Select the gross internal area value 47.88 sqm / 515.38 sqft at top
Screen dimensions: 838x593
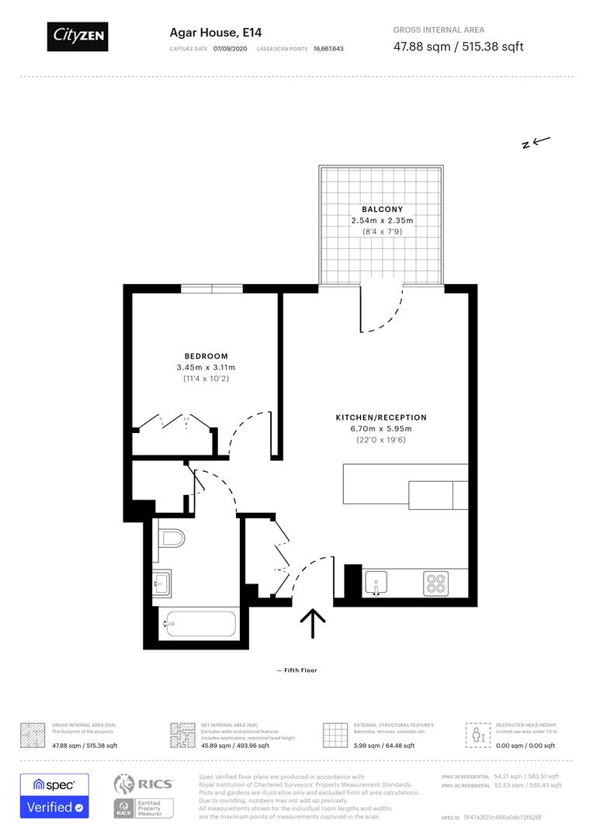(x=458, y=47)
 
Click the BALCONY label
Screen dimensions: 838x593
(x=382, y=209)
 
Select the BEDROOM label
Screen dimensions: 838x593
(x=206, y=356)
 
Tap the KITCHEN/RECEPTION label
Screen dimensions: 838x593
(x=381, y=417)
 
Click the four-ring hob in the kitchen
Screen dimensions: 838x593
(x=435, y=583)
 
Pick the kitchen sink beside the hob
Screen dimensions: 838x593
(x=376, y=583)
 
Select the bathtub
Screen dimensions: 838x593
(x=198, y=624)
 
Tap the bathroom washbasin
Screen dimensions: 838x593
(x=161, y=581)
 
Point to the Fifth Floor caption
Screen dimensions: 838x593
(x=296, y=670)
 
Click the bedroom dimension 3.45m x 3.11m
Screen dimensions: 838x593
(x=206, y=367)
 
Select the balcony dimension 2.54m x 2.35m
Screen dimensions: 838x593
(x=382, y=220)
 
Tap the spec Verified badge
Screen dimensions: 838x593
(x=54, y=795)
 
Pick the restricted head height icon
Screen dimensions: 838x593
(x=476, y=734)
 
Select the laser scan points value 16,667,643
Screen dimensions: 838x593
(x=328, y=48)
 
